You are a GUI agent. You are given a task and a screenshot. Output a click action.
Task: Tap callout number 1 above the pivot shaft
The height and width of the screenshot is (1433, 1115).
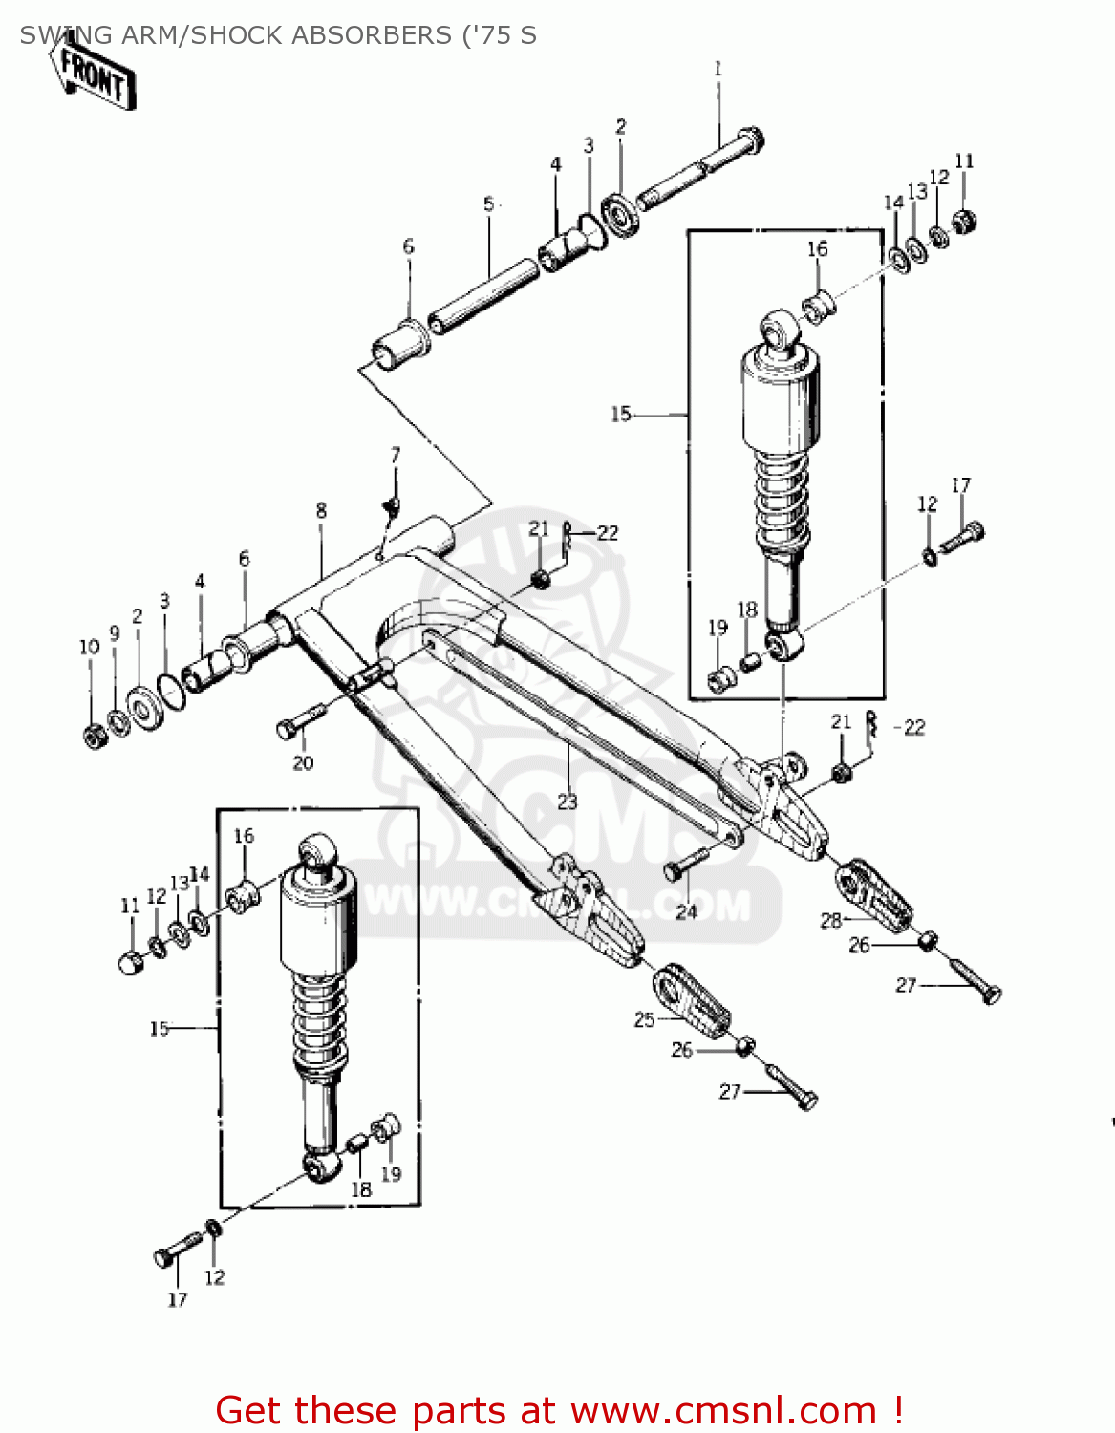tap(718, 69)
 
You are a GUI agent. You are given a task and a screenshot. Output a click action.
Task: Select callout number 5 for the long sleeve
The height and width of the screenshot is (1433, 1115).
tap(489, 204)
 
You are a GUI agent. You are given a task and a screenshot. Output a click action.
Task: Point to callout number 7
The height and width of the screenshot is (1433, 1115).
tap(396, 455)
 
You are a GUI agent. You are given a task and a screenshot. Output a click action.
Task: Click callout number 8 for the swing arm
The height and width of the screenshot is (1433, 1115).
tap(321, 511)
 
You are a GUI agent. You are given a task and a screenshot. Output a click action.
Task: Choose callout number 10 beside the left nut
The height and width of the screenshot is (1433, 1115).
tap(89, 647)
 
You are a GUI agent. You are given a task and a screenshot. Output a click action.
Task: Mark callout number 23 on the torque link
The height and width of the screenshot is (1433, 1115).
tap(568, 802)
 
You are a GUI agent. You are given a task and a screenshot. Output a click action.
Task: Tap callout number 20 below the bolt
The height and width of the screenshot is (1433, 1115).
tap(303, 762)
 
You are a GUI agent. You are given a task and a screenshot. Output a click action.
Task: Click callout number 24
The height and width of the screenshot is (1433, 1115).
tap(687, 911)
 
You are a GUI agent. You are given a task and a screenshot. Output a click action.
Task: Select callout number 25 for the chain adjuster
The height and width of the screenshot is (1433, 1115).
tap(645, 1019)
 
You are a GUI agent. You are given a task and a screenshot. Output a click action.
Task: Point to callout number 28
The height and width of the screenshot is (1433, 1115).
tap(830, 920)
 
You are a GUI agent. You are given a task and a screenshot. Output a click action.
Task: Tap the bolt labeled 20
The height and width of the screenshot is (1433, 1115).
tap(300, 721)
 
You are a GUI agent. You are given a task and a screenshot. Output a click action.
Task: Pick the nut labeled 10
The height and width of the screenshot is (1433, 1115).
tap(95, 737)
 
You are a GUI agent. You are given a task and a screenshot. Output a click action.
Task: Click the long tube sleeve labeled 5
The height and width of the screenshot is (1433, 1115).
tap(483, 294)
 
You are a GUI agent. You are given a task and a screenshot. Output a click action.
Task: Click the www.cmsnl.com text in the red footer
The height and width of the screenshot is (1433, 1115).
tap(723, 1410)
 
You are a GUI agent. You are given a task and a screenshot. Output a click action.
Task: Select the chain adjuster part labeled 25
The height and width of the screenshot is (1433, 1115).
tap(692, 1002)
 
